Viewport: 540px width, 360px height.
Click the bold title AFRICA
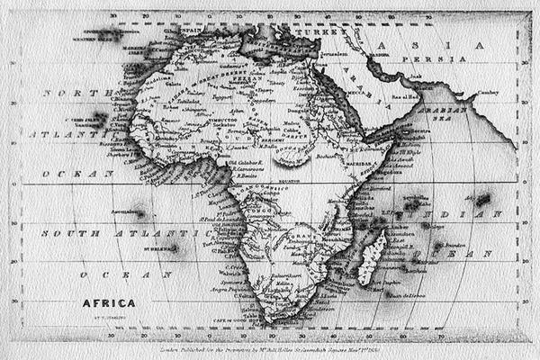(x=109, y=303)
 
